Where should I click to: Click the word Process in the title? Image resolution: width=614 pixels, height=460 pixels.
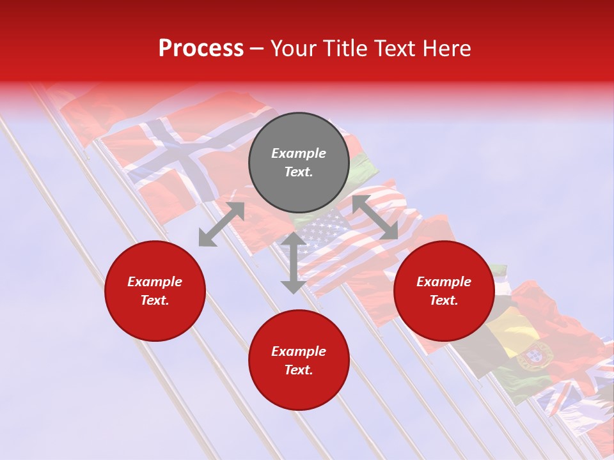[201, 49]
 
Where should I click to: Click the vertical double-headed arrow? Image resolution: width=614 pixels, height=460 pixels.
[293, 263]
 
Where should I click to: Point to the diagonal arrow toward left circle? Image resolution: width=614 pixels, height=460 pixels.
[221, 224]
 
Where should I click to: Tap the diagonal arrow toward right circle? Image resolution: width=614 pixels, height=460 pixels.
[375, 217]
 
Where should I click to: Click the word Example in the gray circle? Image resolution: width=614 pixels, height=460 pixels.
[299, 153]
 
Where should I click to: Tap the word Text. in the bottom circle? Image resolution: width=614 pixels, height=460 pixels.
[299, 371]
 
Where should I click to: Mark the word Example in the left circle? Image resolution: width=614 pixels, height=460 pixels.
[155, 282]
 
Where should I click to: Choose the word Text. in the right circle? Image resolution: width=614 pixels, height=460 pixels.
[444, 300]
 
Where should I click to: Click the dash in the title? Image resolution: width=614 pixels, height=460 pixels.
[257, 49]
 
